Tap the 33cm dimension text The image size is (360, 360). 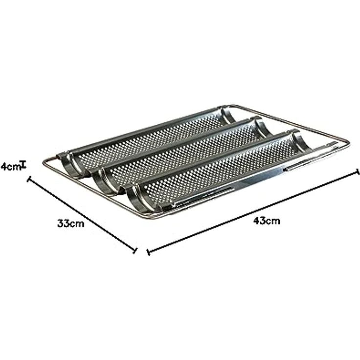click(71, 224)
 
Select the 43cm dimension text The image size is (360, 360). click(267, 221)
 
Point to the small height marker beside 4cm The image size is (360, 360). click(23, 165)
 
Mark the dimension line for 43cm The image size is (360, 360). click(253, 211)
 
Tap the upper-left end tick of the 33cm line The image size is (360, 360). click(29, 179)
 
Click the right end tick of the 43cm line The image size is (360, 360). click(357, 172)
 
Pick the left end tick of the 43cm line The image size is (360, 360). click(149, 252)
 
